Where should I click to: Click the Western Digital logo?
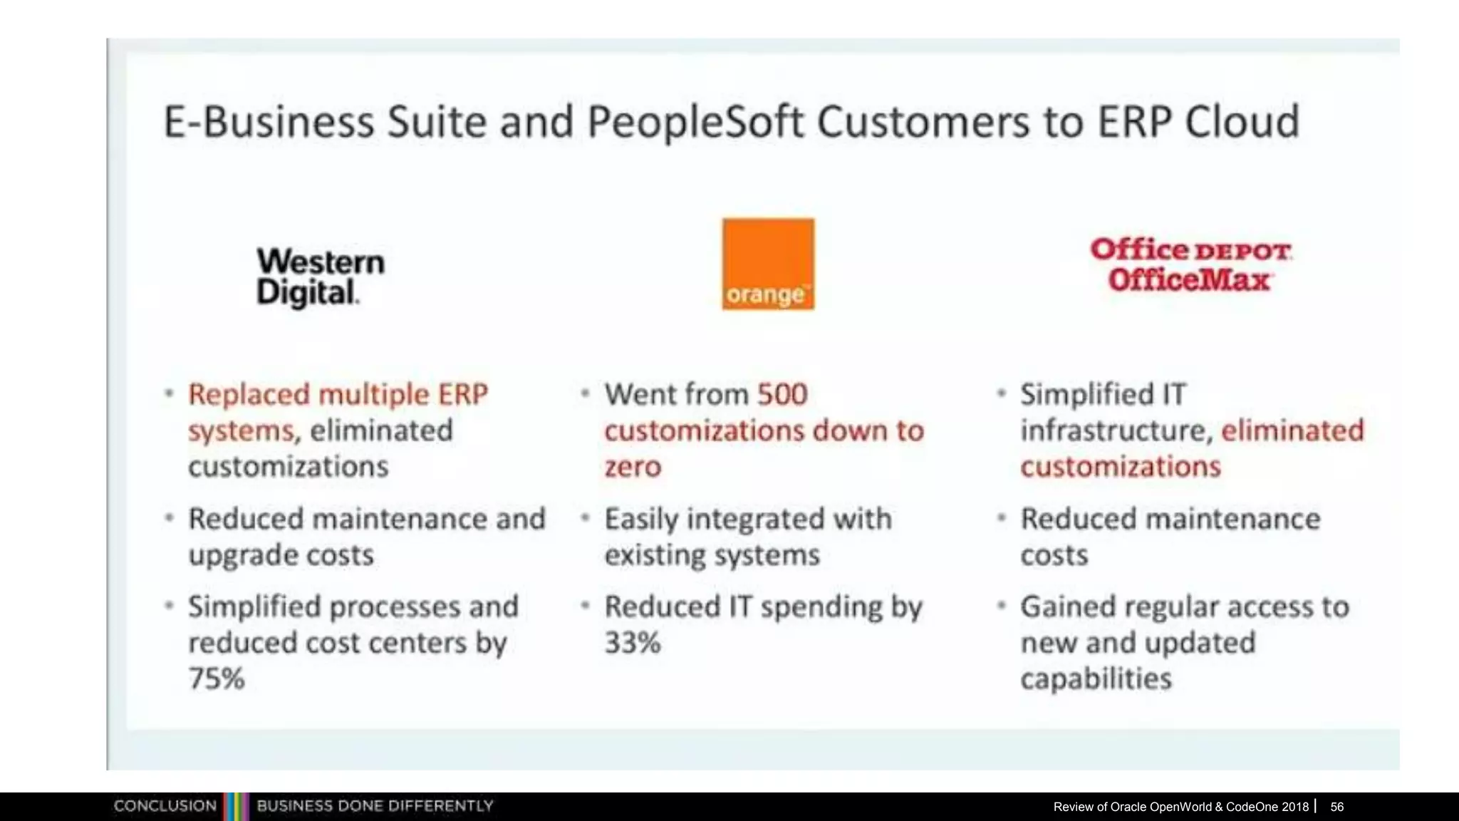[320, 277]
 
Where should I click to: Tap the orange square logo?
[768, 264]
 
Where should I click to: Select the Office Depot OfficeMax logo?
[1190, 264]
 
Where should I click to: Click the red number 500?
[782, 394]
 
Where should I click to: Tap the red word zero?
[633, 467]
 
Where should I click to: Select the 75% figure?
[217, 678]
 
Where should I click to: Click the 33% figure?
[633, 643]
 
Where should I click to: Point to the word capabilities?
[1096, 678]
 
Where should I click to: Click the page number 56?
[1336, 807]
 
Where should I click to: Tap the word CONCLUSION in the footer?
[165, 806]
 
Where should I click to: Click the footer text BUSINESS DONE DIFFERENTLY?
[375, 806]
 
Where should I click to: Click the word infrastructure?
[1113, 430]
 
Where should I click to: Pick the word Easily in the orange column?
[641, 520]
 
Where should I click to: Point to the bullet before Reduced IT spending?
[585, 606]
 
